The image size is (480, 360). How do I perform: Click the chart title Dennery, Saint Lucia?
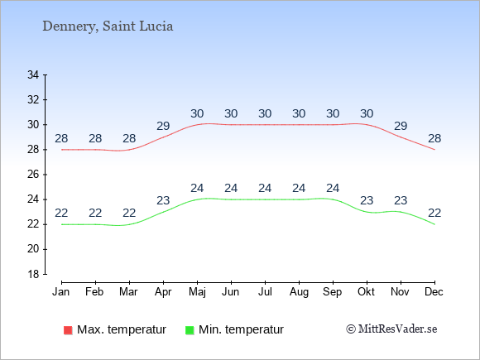pyautogui.click(x=108, y=26)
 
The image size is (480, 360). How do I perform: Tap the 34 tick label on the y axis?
pyautogui.click(x=33, y=74)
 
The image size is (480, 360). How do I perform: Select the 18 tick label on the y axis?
pyautogui.click(x=33, y=274)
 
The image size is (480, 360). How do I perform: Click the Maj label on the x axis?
pyautogui.click(x=197, y=292)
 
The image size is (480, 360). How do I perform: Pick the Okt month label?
pyautogui.click(x=366, y=292)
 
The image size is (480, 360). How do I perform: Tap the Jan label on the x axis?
pyautogui.click(x=61, y=292)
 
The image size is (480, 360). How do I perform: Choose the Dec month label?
pyautogui.click(x=434, y=292)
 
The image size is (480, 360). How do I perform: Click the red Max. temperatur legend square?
pyautogui.click(x=68, y=330)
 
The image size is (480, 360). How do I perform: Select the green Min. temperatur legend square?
pyautogui.click(x=190, y=330)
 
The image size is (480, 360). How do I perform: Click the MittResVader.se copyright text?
pyautogui.click(x=391, y=329)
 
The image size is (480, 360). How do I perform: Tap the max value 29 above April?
pyautogui.click(x=163, y=126)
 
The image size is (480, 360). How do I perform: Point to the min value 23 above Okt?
pyautogui.click(x=367, y=200)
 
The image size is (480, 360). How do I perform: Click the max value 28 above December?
pyautogui.click(x=434, y=138)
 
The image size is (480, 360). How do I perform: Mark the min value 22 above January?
pyautogui.click(x=61, y=213)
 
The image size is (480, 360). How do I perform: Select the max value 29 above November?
pyautogui.click(x=401, y=126)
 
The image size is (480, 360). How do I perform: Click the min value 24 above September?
pyautogui.click(x=333, y=188)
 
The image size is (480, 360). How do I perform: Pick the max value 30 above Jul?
pyautogui.click(x=265, y=113)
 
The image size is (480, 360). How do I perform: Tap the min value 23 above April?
pyautogui.click(x=163, y=200)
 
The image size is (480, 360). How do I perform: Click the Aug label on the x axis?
pyautogui.click(x=299, y=292)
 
